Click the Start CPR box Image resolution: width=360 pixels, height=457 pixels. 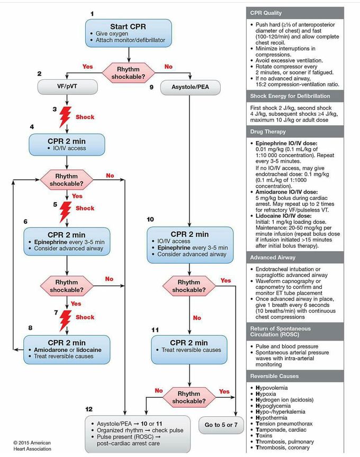pos(128,33)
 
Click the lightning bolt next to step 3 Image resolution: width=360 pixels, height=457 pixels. pos(65,116)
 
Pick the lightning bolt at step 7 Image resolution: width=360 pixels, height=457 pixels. pos(65,319)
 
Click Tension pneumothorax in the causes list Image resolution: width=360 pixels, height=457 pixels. pos(284,424)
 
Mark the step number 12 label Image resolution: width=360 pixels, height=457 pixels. pos(89,409)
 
